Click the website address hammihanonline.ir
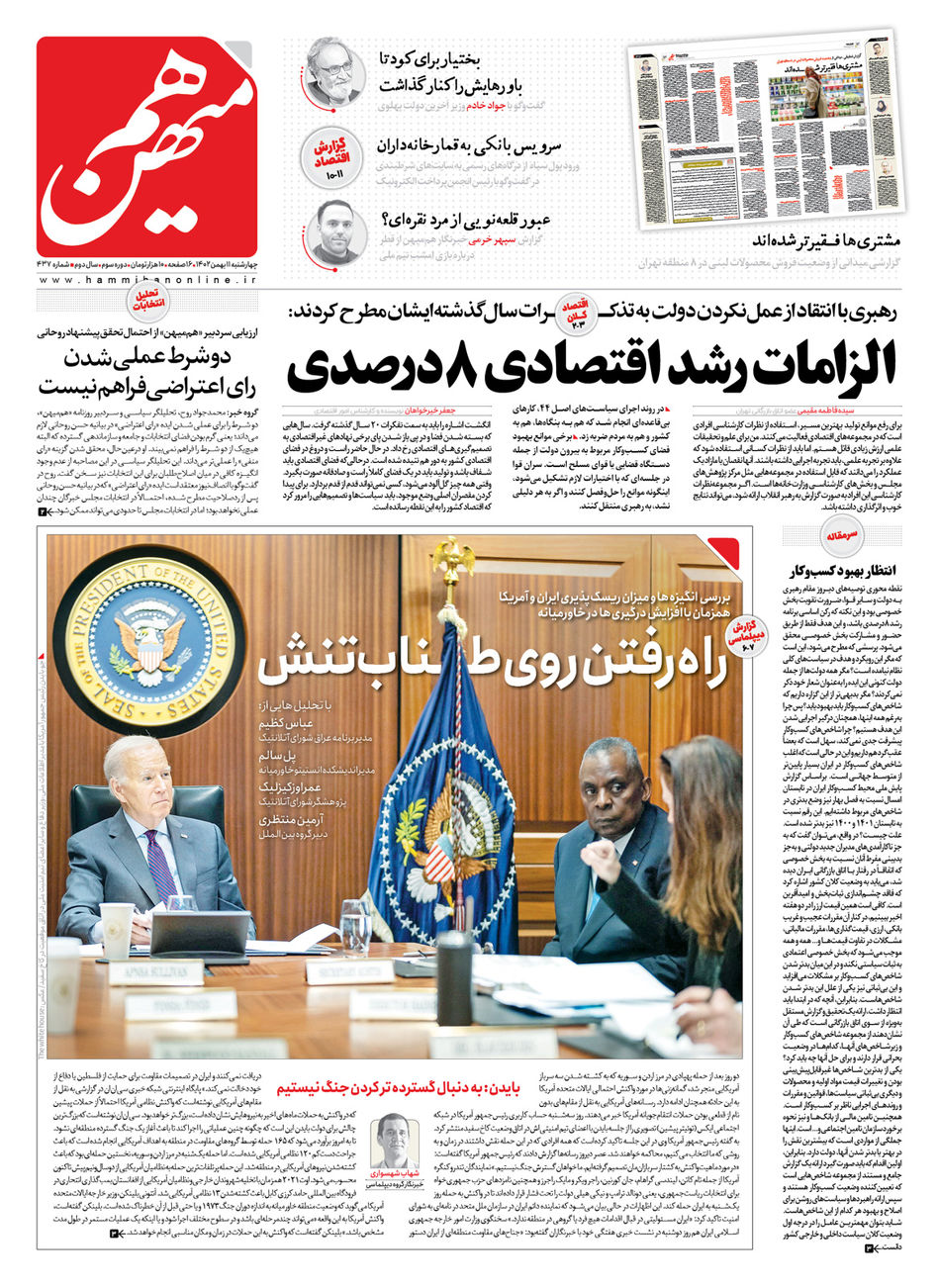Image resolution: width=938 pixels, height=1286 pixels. pyautogui.click(x=146, y=281)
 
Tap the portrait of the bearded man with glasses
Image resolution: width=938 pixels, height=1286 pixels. pyautogui.click(x=333, y=71)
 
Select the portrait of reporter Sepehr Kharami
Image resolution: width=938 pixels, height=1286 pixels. pyautogui.click(x=334, y=231)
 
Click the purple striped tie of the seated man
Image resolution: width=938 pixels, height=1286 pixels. pyautogui.click(x=161, y=867)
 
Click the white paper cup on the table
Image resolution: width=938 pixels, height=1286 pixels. pyautogui.click(x=116, y=930)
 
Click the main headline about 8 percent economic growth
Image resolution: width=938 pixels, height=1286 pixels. pyautogui.click(x=594, y=362)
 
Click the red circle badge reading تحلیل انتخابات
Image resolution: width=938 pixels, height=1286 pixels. pyautogui.click(x=146, y=301)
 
